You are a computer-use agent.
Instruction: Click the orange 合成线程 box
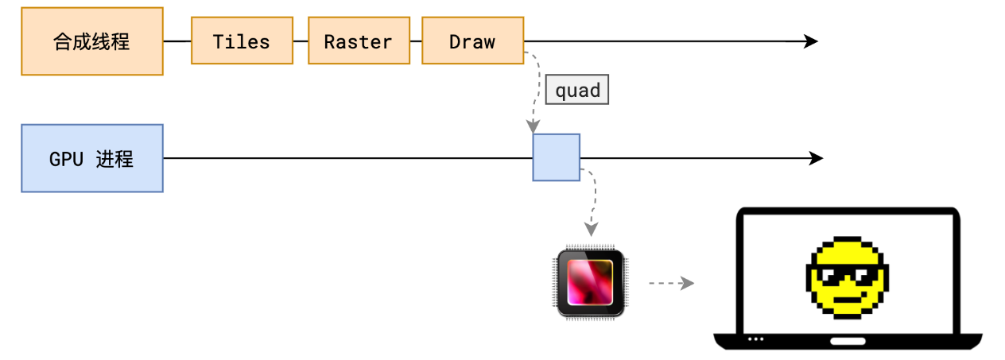tap(92, 41)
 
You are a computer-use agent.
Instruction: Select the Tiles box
tap(242, 41)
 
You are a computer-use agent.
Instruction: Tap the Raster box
tap(358, 41)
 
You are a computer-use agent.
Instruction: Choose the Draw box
tap(472, 41)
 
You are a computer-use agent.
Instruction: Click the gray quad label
tap(577, 91)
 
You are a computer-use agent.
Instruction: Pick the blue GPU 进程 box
tap(92, 158)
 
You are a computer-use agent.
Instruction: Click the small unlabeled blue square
tap(556, 157)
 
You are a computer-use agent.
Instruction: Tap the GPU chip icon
tap(590, 284)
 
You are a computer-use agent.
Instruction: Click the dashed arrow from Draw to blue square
tap(534, 87)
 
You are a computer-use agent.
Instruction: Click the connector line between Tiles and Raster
tap(301, 41)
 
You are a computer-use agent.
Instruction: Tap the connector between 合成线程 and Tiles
tap(177, 41)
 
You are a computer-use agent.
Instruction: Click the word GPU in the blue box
tap(66, 159)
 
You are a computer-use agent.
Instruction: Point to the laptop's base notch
tap(848, 341)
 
